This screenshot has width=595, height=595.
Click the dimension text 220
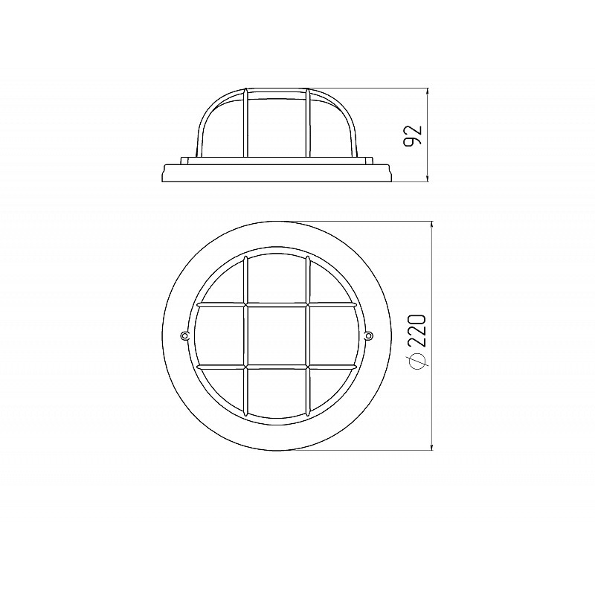tap(418, 330)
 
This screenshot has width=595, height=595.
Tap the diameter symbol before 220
tap(418, 361)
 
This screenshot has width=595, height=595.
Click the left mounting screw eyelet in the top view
tap(184, 335)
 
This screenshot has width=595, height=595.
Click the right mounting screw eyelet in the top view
tap(368, 335)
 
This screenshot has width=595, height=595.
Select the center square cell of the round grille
tap(277, 336)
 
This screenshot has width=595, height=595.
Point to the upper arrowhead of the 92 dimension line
tap(428, 91)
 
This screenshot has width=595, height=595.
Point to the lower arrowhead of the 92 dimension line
tap(428, 178)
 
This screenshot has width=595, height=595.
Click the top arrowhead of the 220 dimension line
tap(431, 225)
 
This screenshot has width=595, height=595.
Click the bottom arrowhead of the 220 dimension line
tap(431, 447)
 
